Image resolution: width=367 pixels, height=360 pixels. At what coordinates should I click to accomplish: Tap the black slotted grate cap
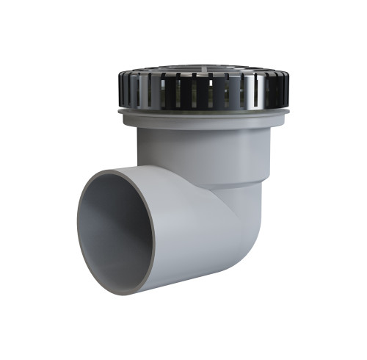click(198, 92)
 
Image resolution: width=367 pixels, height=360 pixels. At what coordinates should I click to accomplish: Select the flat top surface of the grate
click(198, 71)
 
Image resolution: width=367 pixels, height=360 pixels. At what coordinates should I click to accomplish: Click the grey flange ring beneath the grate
click(198, 116)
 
